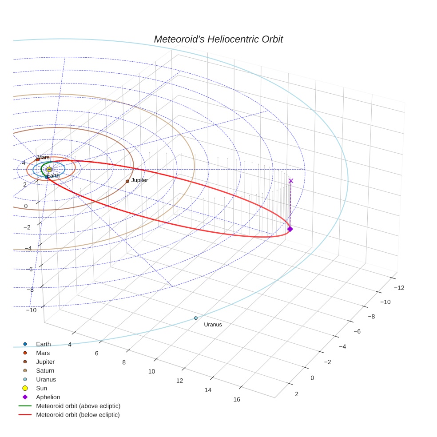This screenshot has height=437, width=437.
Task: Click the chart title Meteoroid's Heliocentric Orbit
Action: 218,40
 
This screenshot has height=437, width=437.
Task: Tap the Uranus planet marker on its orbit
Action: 196,318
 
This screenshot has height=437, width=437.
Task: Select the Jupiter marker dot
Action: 127,181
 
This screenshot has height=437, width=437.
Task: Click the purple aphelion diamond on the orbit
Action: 290,229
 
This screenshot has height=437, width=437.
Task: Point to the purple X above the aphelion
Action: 291,181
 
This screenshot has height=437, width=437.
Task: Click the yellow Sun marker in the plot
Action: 49,169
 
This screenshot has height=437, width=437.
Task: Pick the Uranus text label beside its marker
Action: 213,325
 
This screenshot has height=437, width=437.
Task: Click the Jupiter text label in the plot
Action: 139,180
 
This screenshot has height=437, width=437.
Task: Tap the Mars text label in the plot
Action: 44,158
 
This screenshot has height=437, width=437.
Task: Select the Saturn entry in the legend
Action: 45,371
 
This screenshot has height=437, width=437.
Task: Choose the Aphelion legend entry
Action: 48,397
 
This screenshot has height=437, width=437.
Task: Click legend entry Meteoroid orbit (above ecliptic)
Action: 78,406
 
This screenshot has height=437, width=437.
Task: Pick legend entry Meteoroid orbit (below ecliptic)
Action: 78,415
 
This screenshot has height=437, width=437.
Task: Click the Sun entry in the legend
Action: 41,388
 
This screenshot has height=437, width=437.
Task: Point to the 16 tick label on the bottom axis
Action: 237,399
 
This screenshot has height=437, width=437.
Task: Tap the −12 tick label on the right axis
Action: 399,288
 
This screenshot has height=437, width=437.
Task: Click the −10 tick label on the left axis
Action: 31,310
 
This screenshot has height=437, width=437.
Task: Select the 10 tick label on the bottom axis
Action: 152,371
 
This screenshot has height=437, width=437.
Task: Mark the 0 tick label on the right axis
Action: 312,378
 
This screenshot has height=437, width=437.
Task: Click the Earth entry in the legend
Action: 43,344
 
